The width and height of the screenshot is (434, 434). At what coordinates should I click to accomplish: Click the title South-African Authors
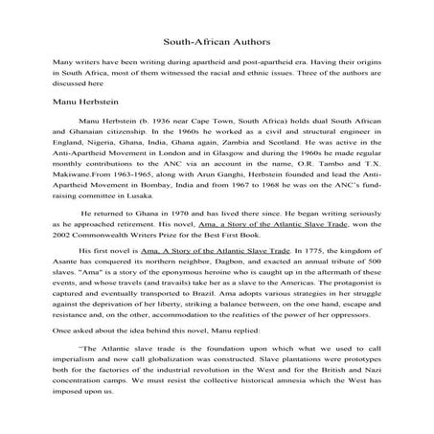pyautogui.click(x=217, y=43)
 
